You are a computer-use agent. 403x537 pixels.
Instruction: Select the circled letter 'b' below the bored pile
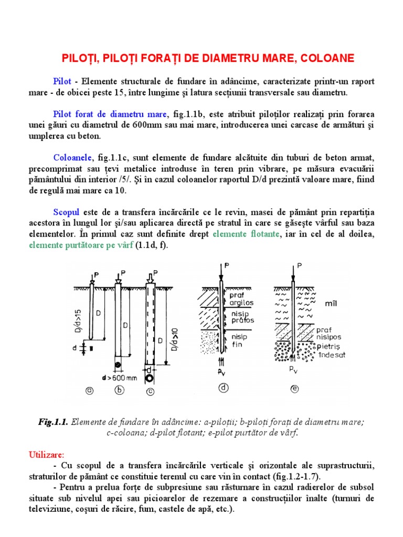coord(120,389)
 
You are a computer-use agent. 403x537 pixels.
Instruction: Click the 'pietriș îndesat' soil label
coord(330,351)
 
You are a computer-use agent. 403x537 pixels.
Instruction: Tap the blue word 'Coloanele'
coord(72,157)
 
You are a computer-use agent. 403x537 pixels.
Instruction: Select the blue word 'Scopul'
coord(66,212)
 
